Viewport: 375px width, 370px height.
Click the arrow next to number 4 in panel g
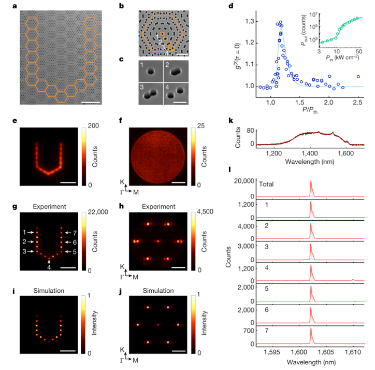point(49,262)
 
